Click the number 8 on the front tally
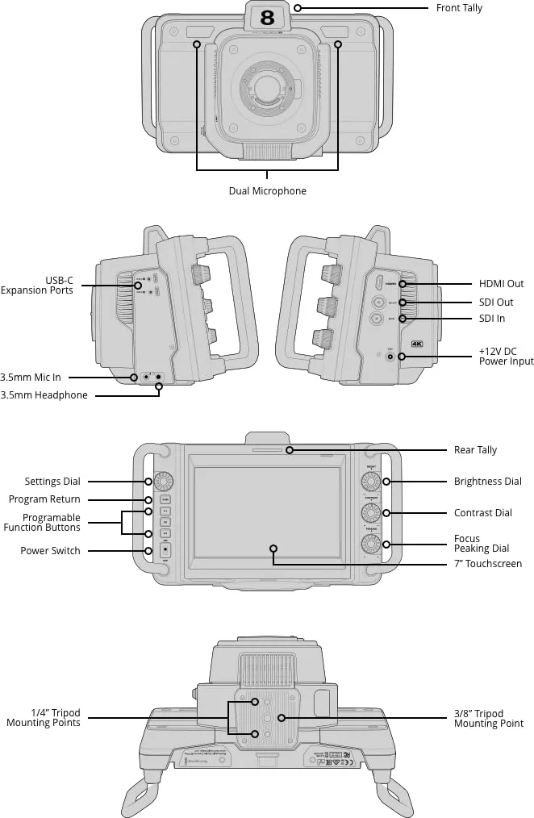coord(267,17)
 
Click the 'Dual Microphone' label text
coord(267,191)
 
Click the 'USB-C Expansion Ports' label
coord(37,286)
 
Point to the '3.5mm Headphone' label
coord(44,395)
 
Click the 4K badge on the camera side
coord(417,344)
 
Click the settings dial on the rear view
coord(163,482)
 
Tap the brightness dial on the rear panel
coord(371,482)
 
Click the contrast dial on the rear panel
coord(371,512)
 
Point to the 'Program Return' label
coord(44,499)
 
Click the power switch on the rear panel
coord(164,550)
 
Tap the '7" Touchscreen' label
coord(487,564)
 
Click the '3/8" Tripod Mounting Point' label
coord(489,718)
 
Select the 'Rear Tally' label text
coord(476,450)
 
